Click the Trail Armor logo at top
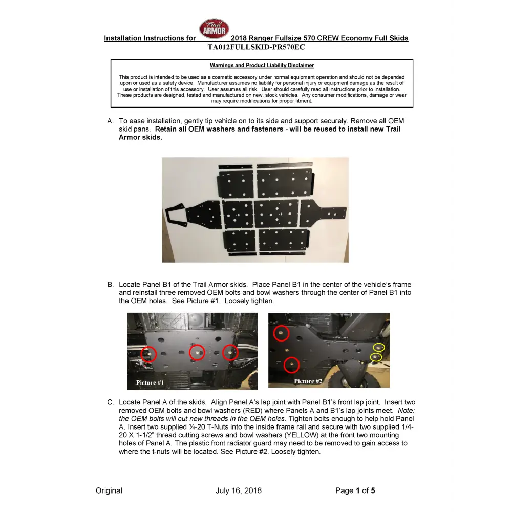tap(214, 29)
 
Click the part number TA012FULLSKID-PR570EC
tap(256, 47)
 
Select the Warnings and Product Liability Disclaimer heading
tap(262, 66)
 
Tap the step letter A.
tap(110, 121)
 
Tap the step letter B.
tap(110, 285)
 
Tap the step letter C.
tap(110, 402)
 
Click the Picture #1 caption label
tap(150, 382)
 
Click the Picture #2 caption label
tap(308, 381)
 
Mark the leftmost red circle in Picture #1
tap(148, 354)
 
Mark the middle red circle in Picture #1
tap(197, 352)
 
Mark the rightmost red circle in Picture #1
tap(230, 352)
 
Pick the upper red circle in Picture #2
tap(281, 333)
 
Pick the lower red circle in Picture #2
tap(291, 365)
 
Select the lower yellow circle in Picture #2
tap(376, 357)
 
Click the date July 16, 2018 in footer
tap(239, 490)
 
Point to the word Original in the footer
tap(109, 490)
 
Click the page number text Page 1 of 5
tap(355, 490)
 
